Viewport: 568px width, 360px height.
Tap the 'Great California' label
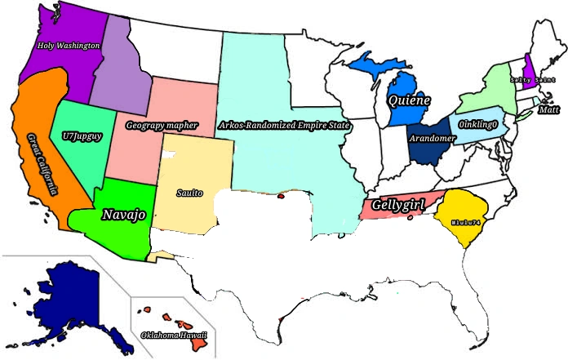pos(42,163)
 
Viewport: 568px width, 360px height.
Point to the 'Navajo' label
pos(124,215)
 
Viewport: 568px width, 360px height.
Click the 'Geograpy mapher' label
pos(162,126)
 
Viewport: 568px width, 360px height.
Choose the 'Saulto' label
pos(189,193)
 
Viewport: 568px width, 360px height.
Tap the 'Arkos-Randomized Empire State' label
pos(284,126)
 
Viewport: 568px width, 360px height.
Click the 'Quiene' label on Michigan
pos(410,101)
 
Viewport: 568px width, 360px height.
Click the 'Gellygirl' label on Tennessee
pos(398,205)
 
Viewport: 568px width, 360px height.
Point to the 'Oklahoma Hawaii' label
pos(174,335)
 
